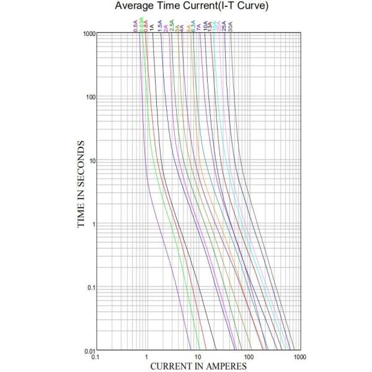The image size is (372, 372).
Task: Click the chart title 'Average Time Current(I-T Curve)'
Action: [x=187, y=7]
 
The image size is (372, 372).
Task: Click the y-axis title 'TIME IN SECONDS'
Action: [x=81, y=184]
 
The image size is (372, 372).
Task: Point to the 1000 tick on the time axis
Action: [x=87, y=33]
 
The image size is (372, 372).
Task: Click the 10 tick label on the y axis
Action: [x=90, y=161]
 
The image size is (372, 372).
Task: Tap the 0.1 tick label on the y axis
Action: [x=89, y=287]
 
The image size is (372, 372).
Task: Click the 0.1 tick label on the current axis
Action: [x=95, y=357]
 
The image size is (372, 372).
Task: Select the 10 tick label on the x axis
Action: [x=198, y=357]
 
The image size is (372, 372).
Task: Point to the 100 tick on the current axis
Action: [x=249, y=357]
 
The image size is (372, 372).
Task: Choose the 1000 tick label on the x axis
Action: [x=299, y=357]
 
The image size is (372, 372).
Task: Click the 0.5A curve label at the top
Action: [x=136, y=25]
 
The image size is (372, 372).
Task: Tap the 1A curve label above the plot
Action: [x=153, y=27]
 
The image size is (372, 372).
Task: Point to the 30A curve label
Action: [x=231, y=26]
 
